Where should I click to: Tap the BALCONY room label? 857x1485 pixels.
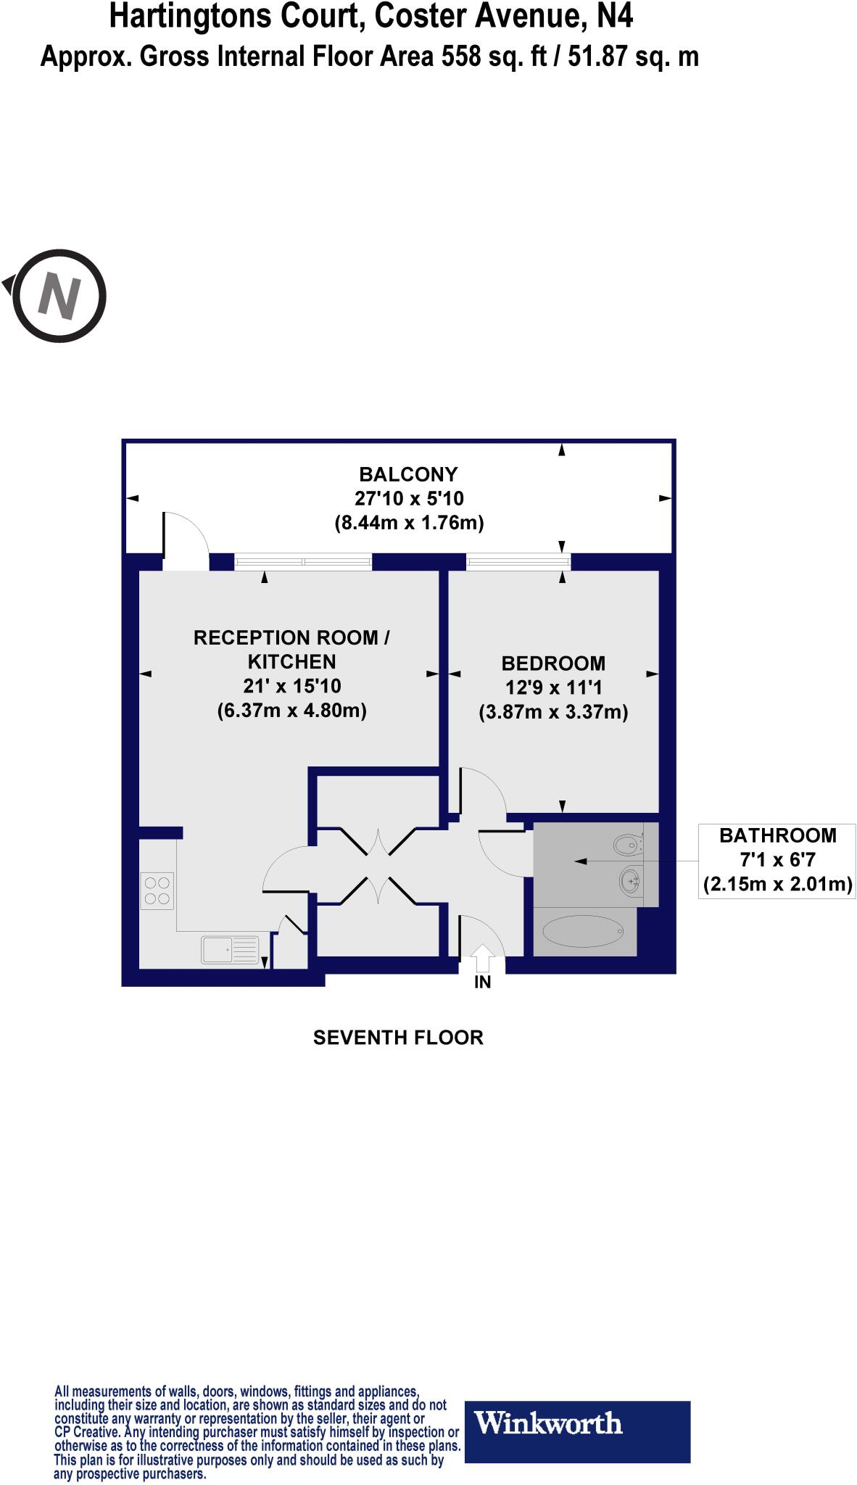(x=409, y=474)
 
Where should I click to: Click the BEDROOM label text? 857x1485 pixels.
(x=553, y=663)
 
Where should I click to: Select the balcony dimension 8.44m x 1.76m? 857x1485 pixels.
(x=409, y=523)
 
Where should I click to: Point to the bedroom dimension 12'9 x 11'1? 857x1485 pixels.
(x=553, y=687)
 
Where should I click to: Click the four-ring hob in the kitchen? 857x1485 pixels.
(x=157, y=890)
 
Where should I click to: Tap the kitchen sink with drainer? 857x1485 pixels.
(x=230, y=949)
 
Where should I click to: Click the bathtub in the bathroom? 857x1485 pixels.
(x=584, y=932)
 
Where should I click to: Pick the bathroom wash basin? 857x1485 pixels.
(x=629, y=882)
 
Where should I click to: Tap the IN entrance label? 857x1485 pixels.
(x=483, y=983)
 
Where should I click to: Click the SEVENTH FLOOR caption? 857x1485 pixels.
(x=398, y=1038)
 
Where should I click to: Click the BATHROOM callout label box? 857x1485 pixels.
(x=777, y=860)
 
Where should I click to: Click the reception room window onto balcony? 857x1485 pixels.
(x=303, y=561)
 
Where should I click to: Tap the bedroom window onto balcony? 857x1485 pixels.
(x=518, y=561)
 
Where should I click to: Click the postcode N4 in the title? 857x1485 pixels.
(x=615, y=16)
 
